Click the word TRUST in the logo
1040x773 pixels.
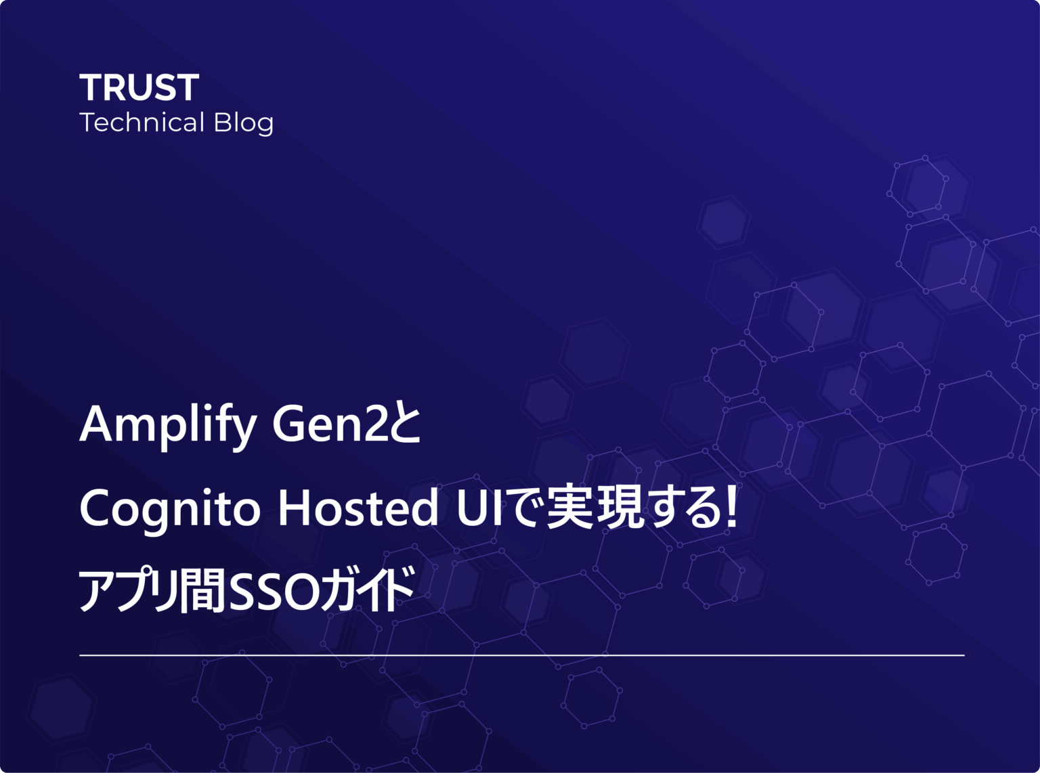139,88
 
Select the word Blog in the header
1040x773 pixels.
244,124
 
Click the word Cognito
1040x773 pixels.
170,509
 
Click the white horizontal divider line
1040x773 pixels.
521,655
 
